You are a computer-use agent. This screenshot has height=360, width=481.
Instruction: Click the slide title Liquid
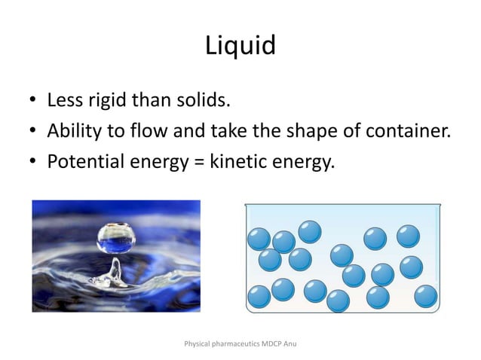point(240,47)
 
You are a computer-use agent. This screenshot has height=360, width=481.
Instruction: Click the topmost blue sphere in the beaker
point(309,231)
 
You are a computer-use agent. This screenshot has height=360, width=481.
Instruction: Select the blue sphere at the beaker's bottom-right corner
point(425,296)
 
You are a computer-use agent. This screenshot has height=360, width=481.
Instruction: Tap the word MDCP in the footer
point(277,343)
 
